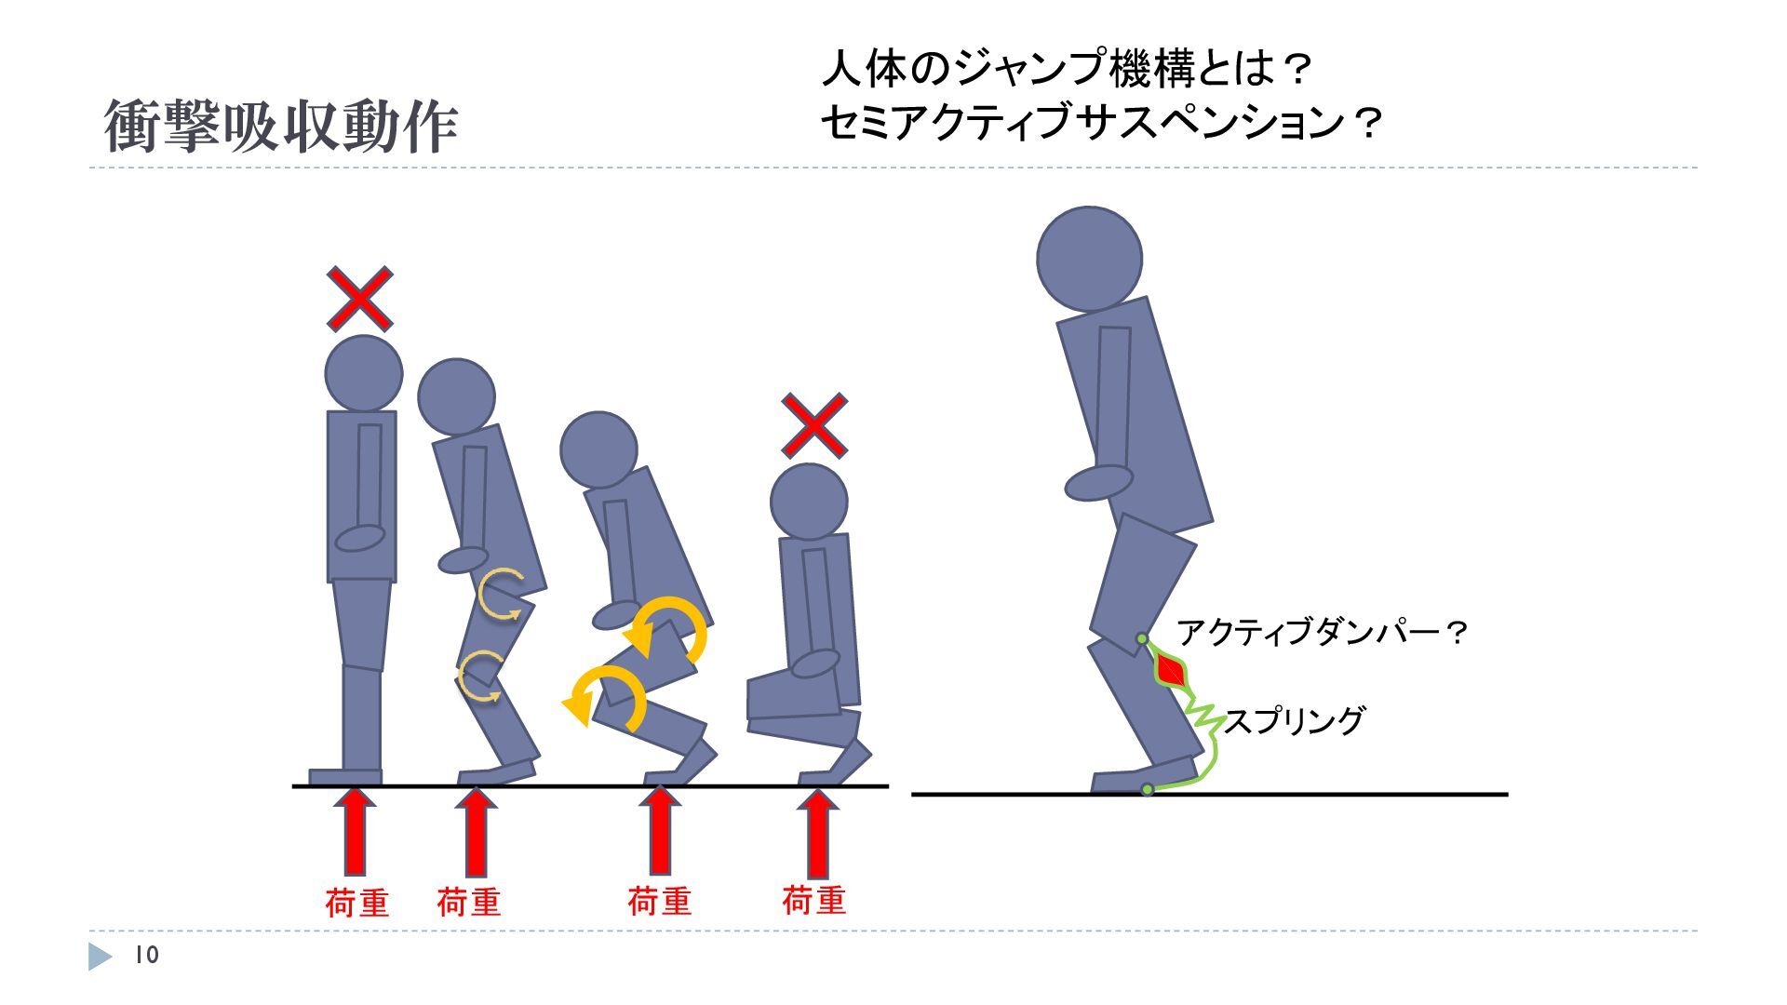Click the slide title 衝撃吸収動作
pyautogui.click(x=280, y=127)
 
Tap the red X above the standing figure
pyautogui.click(x=359, y=299)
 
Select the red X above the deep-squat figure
pyautogui.click(x=813, y=425)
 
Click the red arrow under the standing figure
pyautogui.click(x=355, y=831)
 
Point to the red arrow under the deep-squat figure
pyautogui.click(x=817, y=833)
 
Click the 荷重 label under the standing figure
pyautogui.click(x=356, y=903)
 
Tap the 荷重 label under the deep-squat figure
pyautogui.click(x=813, y=900)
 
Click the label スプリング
pyautogui.click(x=1295, y=721)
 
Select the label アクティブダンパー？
pyautogui.click(x=1323, y=634)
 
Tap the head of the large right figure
pyautogui.click(x=1089, y=259)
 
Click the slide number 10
pyautogui.click(x=147, y=956)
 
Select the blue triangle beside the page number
pyautogui.click(x=100, y=957)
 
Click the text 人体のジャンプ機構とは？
pyautogui.click(x=1067, y=69)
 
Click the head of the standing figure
pyautogui.click(x=363, y=373)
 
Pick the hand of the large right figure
pyautogui.click(x=1098, y=482)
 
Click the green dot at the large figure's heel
pyautogui.click(x=1148, y=789)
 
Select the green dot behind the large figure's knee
pyautogui.click(x=1142, y=639)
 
